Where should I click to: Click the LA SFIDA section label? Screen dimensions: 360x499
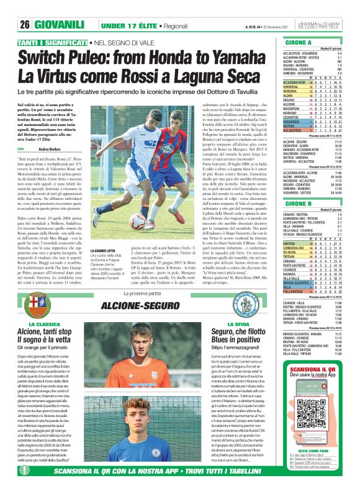[238, 324]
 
